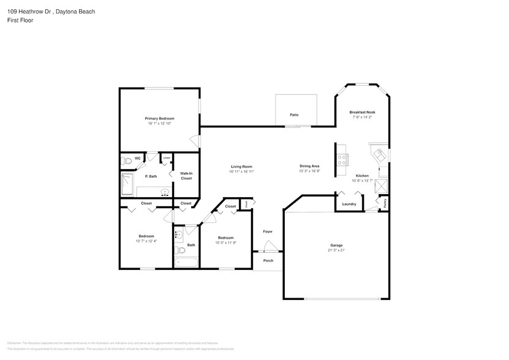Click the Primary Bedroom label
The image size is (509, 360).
coord(159,118)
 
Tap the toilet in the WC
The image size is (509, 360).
coord(126,161)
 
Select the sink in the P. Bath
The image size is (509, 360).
coord(165,193)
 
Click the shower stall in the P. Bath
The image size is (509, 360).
coord(127,184)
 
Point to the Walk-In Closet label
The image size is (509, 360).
coord(186,176)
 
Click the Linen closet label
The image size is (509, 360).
coord(166,158)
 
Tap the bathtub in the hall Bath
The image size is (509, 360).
coord(186,263)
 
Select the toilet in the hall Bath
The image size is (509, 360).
coord(179,250)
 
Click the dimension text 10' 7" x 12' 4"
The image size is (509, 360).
coord(146,241)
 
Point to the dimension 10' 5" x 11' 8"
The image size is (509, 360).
coord(225,242)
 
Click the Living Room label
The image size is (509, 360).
coord(241,167)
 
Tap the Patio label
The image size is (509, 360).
coord(294,114)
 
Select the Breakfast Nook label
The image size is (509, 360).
coord(362,112)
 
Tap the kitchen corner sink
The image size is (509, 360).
coord(379,153)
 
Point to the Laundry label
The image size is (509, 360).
coord(349,204)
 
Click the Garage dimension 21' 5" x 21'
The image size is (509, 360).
coord(336,250)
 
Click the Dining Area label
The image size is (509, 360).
coord(309,166)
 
